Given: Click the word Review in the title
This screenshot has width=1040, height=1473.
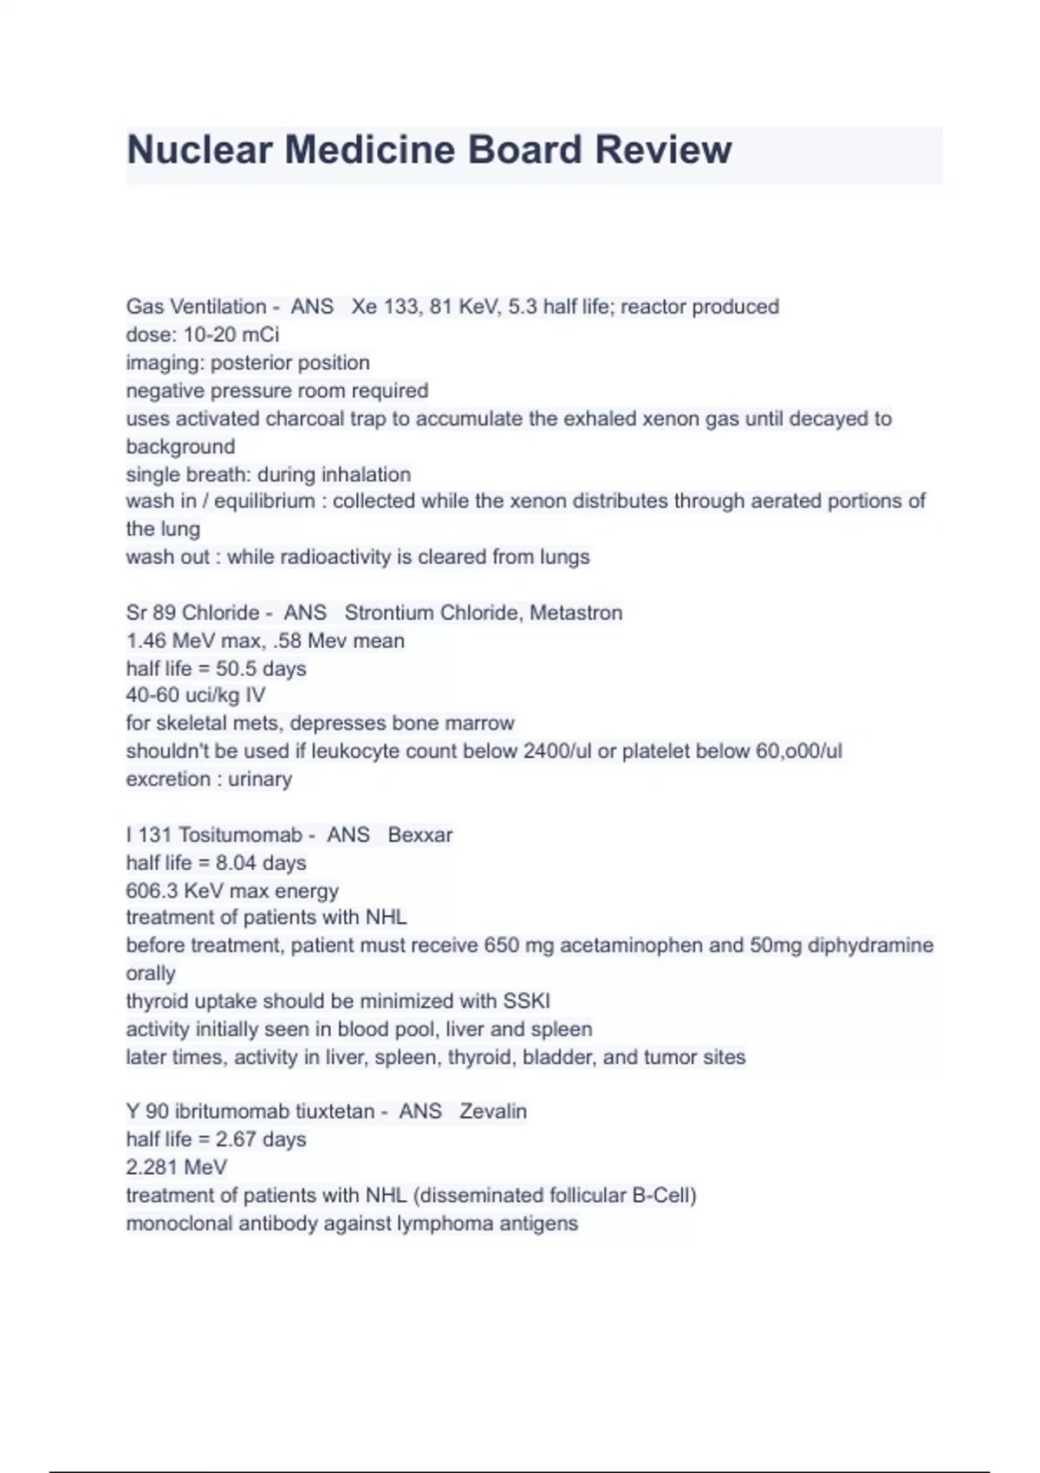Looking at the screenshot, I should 663,150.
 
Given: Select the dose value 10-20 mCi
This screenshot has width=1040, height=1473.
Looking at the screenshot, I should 231,334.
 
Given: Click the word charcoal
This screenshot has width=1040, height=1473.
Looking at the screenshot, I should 304,419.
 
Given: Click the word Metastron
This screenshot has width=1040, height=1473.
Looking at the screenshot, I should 575,613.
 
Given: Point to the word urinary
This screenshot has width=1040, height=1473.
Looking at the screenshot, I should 260,779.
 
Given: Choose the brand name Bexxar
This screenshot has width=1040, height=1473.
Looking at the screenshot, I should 420,835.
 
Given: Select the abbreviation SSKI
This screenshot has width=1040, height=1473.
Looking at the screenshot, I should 526,1002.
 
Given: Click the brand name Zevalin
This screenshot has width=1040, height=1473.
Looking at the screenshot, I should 492,1112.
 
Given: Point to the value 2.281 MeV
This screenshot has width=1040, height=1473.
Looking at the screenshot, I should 176,1168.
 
